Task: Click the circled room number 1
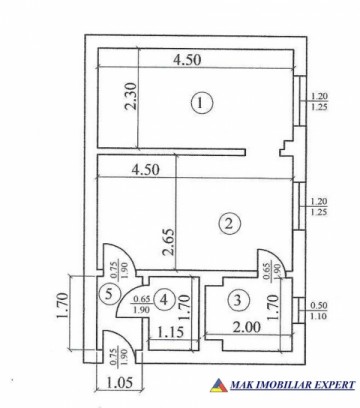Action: click(204, 102)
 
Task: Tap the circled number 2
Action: click(229, 223)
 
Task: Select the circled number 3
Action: click(237, 298)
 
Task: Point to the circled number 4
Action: click(166, 298)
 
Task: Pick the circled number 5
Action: click(109, 294)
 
